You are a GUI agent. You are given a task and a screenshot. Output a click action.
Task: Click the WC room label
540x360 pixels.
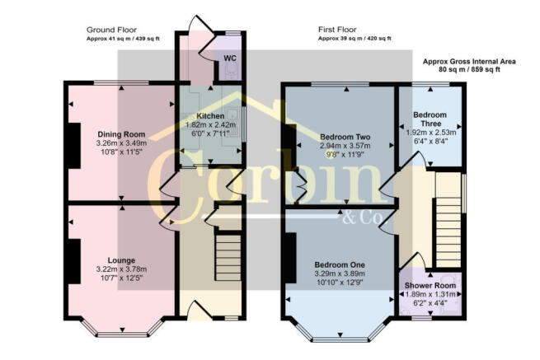pyautogui.click(x=230, y=58)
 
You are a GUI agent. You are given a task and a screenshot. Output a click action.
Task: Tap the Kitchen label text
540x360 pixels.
pyautogui.click(x=210, y=116)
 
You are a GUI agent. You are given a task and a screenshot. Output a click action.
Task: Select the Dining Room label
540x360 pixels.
pyautogui.click(x=121, y=134)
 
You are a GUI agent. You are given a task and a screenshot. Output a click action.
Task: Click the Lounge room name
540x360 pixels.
pyautogui.click(x=121, y=260)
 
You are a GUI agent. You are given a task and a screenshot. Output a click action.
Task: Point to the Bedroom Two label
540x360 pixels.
pyautogui.click(x=345, y=137)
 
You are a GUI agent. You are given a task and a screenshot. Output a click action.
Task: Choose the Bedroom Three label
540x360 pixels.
pyautogui.click(x=430, y=119)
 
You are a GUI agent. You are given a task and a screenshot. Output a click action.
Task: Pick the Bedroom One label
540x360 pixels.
pyautogui.click(x=340, y=265)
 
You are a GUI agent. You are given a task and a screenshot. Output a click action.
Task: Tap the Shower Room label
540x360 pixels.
pyautogui.click(x=430, y=286)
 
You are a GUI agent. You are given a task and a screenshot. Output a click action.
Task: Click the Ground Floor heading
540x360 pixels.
pyautogui.click(x=111, y=30)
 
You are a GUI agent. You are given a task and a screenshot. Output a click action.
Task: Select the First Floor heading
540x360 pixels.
pyautogui.click(x=337, y=30)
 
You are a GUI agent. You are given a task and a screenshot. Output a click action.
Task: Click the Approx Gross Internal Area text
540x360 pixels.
pyautogui.click(x=469, y=62)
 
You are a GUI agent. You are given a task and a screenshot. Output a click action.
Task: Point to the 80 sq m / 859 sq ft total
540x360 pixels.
pyautogui.click(x=469, y=69)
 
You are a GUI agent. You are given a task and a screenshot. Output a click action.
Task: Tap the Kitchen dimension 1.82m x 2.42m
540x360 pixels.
pyautogui.click(x=211, y=125)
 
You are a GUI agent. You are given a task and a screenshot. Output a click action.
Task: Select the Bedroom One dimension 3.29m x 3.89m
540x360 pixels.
pyautogui.click(x=340, y=274)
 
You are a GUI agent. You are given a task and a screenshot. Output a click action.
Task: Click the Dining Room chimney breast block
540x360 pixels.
pyautogui.click(x=74, y=146)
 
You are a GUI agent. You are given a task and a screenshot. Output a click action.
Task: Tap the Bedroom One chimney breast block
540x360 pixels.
pyautogui.click(x=290, y=258)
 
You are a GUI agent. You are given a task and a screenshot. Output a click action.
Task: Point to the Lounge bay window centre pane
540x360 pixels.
pyautogui.click(x=123, y=334)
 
